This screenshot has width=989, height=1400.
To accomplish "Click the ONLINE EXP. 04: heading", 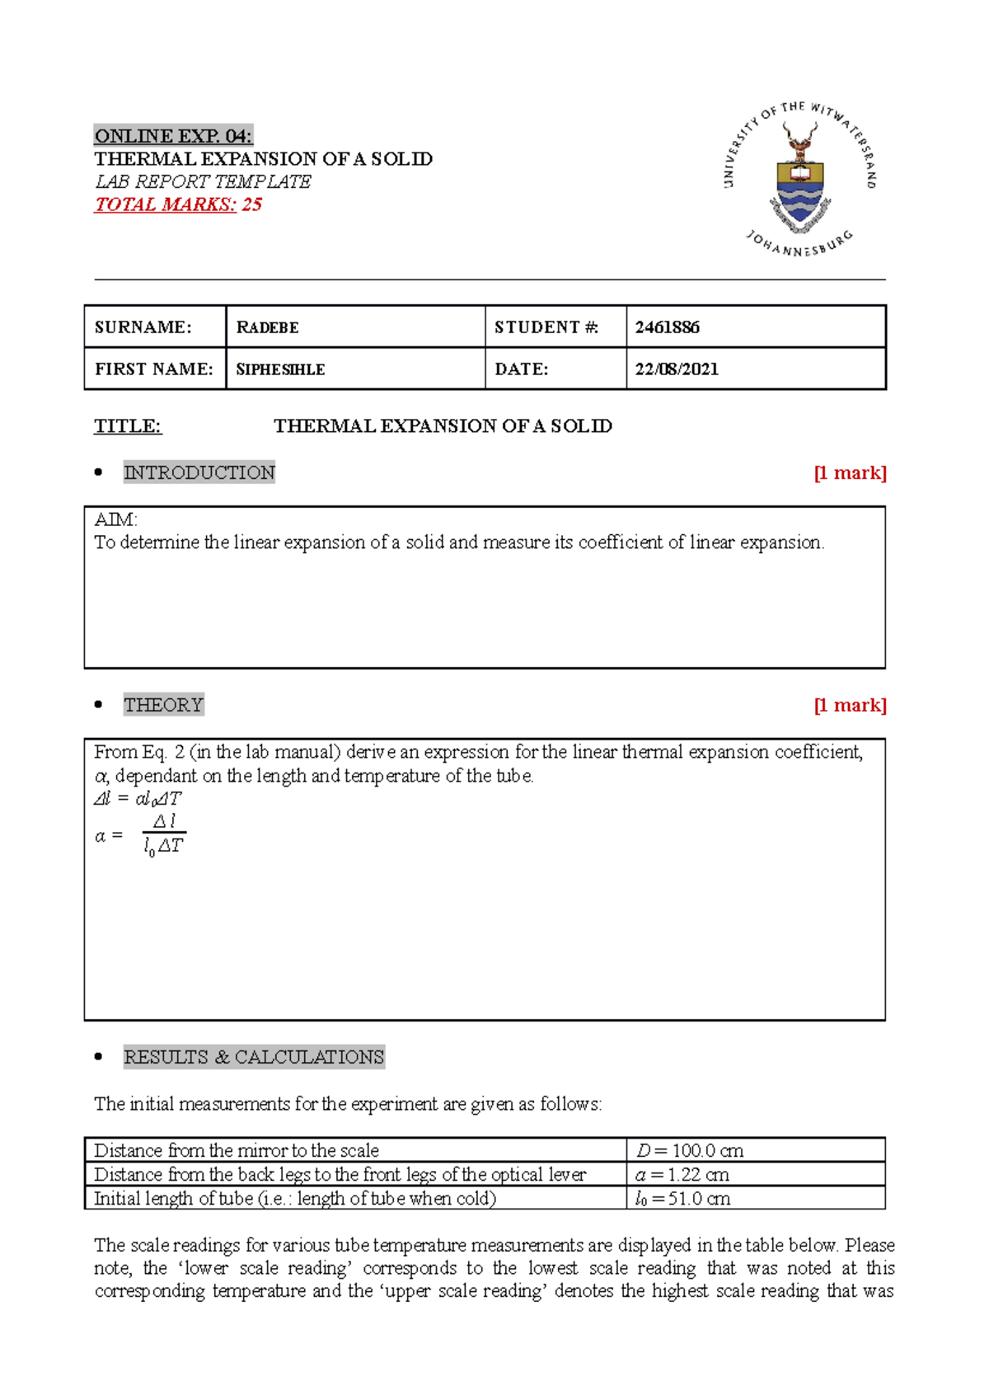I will pyautogui.click(x=173, y=136).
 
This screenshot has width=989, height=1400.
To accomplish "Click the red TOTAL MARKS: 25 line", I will pyautogui.click(x=178, y=204).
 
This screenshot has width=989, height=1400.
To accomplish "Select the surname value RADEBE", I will pyautogui.click(x=268, y=327).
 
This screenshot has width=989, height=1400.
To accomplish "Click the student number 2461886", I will pyautogui.click(x=667, y=327).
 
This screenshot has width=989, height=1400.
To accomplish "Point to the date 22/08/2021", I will pyautogui.click(x=676, y=369).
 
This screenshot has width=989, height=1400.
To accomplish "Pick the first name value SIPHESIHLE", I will pyautogui.click(x=280, y=369).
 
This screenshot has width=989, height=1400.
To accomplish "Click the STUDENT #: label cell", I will pyautogui.click(x=546, y=327).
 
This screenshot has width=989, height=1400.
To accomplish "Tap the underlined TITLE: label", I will pyautogui.click(x=128, y=426).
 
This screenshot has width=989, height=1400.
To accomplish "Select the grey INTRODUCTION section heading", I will pyautogui.click(x=199, y=472).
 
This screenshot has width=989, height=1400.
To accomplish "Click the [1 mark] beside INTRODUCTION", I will pyautogui.click(x=850, y=472).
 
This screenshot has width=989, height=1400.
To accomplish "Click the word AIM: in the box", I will pyautogui.click(x=115, y=519).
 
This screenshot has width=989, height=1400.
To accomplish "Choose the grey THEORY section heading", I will pyautogui.click(x=163, y=705).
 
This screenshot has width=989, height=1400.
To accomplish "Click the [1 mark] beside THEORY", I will pyautogui.click(x=850, y=705).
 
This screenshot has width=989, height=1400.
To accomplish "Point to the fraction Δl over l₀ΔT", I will pyautogui.click(x=164, y=834).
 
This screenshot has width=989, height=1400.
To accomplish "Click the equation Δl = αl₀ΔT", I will pyautogui.click(x=138, y=798).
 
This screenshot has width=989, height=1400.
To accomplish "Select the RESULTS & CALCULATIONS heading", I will pyautogui.click(x=254, y=1057).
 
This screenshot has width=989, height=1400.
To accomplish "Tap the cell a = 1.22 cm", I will pyautogui.click(x=682, y=1174).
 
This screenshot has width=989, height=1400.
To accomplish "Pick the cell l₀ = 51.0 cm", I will pyautogui.click(x=682, y=1198).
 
